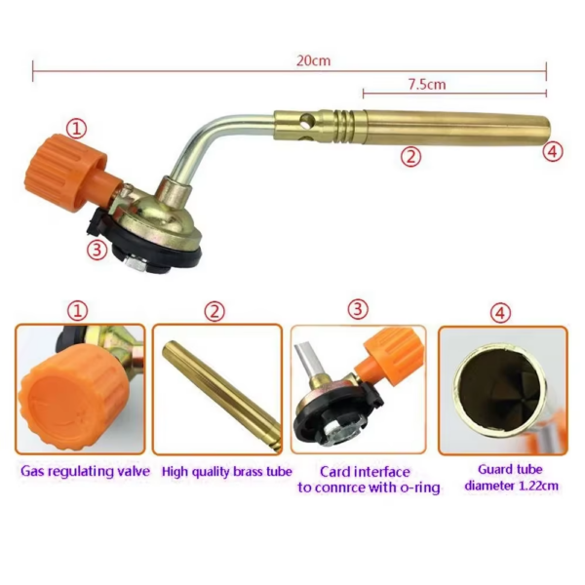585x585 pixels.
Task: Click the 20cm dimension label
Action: tap(313, 60)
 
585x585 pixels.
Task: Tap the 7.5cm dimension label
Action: tap(427, 84)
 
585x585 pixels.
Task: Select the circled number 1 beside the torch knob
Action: tap(76, 129)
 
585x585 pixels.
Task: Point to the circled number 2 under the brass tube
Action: tap(410, 156)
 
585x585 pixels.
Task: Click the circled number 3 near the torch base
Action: tap(97, 250)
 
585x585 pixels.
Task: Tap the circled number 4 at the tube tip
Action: tap(553, 151)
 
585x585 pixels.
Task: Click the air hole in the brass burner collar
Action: tap(308, 120)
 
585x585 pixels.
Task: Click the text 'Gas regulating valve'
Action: tap(85, 471)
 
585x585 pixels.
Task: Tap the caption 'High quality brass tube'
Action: tap(226, 472)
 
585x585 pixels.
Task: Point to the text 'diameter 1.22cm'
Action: tap(512, 486)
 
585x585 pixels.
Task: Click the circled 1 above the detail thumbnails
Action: tap(78, 311)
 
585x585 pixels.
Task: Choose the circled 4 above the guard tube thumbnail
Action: tap(500, 313)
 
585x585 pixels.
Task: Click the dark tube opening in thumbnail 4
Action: tap(501, 389)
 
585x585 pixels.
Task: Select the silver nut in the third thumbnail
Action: tap(338, 433)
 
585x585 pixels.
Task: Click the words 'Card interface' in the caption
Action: tap(365, 472)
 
